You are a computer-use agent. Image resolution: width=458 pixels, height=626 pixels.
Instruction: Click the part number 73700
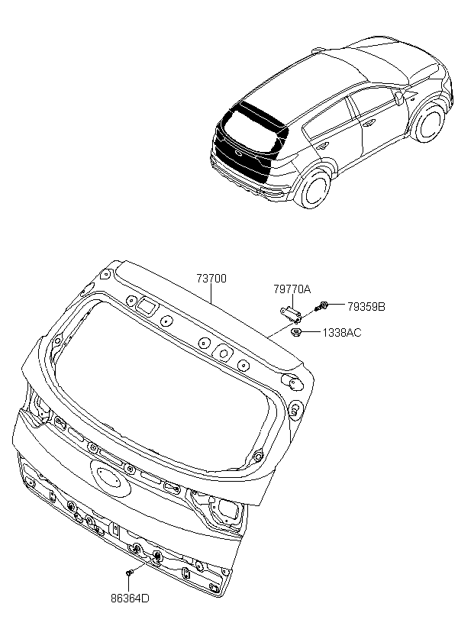coord(211,279)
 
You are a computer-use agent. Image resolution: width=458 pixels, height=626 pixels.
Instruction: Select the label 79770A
coord(292,289)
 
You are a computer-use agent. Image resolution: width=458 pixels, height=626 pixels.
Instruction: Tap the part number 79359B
coord(366,307)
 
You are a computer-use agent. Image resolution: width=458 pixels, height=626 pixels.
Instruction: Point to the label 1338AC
coord(341,333)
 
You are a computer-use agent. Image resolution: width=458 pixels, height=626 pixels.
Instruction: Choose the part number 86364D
coord(130,598)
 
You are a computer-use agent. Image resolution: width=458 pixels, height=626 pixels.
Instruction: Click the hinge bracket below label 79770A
coord(289,311)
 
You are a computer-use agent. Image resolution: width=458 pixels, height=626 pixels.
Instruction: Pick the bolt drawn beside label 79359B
coord(323,307)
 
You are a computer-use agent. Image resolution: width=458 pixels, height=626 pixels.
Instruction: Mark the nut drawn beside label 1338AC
coord(297,331)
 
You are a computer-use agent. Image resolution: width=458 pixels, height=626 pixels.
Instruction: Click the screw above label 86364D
coord(131,572)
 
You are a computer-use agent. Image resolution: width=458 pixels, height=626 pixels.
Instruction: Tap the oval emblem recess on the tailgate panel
coord(109,475)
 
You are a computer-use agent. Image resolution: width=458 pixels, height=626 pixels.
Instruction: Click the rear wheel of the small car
coord(314,189)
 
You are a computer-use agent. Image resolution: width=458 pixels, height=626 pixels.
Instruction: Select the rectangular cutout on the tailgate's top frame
coord(146,305)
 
